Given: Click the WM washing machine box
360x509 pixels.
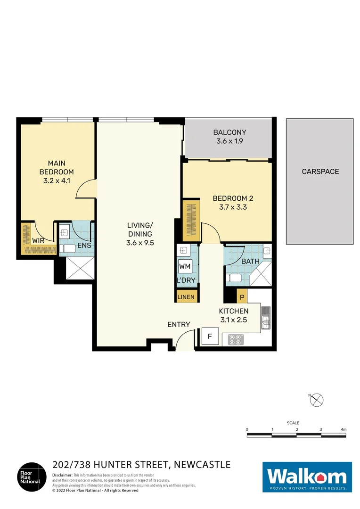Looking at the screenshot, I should tap(185, 267).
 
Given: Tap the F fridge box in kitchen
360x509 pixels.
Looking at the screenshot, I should tap(210, 337).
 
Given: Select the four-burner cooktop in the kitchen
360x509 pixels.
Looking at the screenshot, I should tap(235, 340).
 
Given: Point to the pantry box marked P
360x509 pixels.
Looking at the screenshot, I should tap(242, 297).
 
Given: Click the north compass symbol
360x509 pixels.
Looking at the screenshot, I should tap(318, 400).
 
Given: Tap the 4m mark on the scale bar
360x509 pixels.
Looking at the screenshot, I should tap(344, 429).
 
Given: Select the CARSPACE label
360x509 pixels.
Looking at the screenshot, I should tap(320, 172).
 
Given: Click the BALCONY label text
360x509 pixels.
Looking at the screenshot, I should tap(229, 132).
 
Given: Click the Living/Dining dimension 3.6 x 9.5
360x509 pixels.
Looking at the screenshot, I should tap(140, 243).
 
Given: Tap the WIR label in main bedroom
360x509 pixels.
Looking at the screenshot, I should tap(38, 240).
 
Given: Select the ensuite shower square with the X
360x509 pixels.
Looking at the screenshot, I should tap(77, 270).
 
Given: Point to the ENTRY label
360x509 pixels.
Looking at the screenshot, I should tap(179, 324).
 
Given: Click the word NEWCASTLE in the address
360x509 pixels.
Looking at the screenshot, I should tap(202, 465).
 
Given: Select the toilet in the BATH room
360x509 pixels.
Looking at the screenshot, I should tap(234, 278).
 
